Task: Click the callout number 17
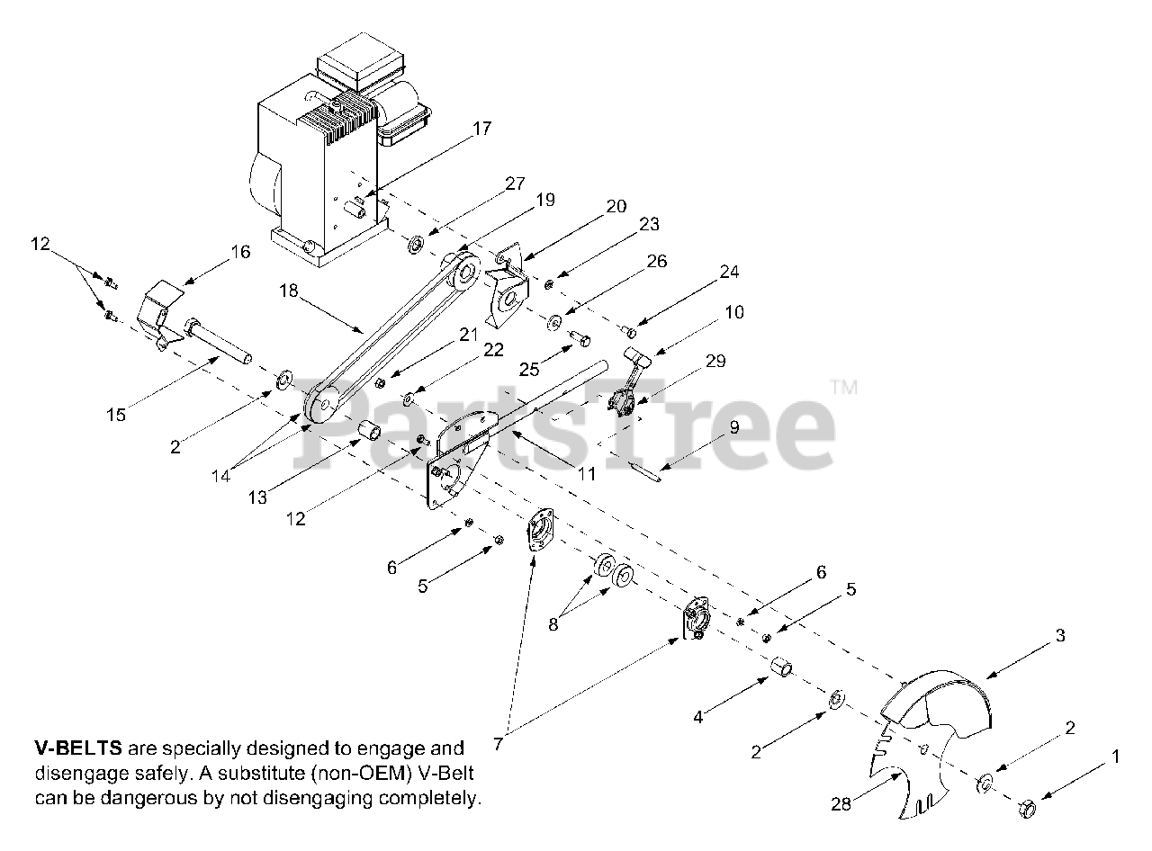tap(482, 129)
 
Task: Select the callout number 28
tap(841, 804)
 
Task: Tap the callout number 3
tap(1060, 636)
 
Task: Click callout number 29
tap(715, 362)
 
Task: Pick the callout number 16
tap(240, 252)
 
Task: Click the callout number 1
tap(1116, 757)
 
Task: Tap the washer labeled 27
tap(416, 245)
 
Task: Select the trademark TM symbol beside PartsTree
tap(843, 389)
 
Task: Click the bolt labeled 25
tap(581, 339)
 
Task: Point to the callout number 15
tap(115, 415)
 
